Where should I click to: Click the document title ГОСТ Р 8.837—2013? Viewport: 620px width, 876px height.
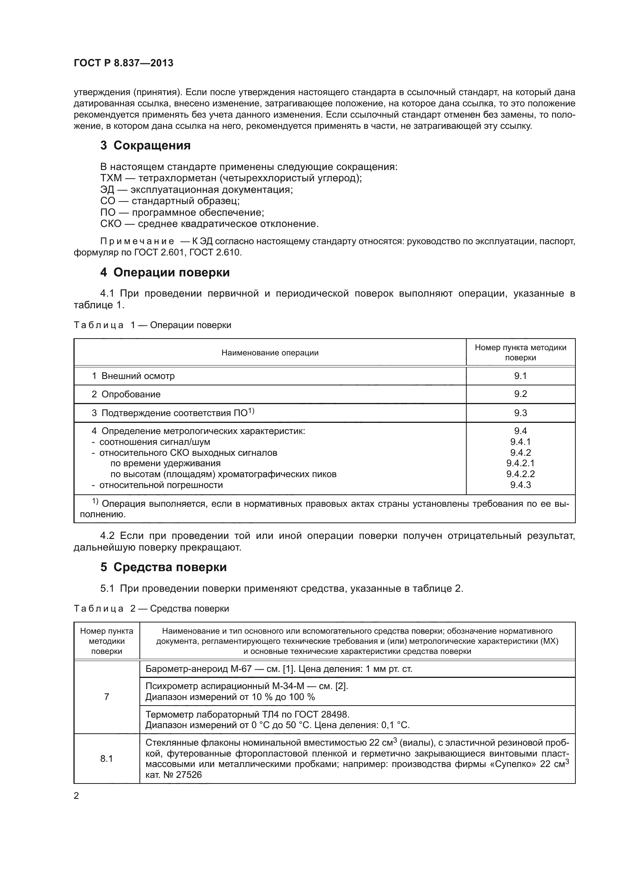(x=123, y=63)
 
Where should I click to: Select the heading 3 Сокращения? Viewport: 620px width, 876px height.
(x=145, y=145)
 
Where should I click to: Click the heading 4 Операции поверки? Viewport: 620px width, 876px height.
(x=165, y=272)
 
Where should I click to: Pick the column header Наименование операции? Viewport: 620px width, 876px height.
(x=270, y=353)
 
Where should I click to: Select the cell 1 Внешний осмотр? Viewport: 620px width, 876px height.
(x=133, y=376)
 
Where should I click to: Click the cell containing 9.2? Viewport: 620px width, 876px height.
(x=520, y=394)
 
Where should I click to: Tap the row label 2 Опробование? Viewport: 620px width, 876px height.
(x=126, y=394)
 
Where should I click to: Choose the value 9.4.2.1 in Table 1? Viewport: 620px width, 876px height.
(x=520, y=463)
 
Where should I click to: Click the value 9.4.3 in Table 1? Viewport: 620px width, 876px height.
(x=520, y=485)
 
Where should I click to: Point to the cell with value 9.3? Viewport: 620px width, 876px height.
(x=520, y=413)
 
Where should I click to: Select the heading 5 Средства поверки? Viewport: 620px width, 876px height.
(x=163, y=567)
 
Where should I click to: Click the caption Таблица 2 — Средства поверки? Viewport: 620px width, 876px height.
(x=151, y=609)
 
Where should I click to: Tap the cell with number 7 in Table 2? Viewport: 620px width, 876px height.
(x=106, y=697)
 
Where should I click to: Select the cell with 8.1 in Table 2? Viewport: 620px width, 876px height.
(x=106, y=758)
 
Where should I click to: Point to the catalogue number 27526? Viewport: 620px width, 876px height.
(x=189, y=775)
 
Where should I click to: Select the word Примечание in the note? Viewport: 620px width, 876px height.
(x=137, y=242)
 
